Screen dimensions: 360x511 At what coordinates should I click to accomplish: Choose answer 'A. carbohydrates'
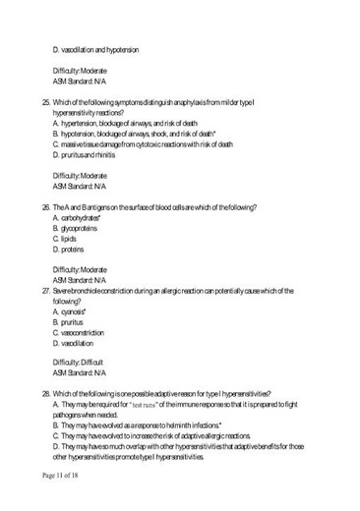tap(80, 218)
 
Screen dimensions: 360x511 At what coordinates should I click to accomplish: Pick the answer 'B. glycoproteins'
tap(79, 228)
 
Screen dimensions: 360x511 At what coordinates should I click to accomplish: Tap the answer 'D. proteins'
tap(71, 250)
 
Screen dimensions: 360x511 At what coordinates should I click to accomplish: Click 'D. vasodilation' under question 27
tap(74, 344)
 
